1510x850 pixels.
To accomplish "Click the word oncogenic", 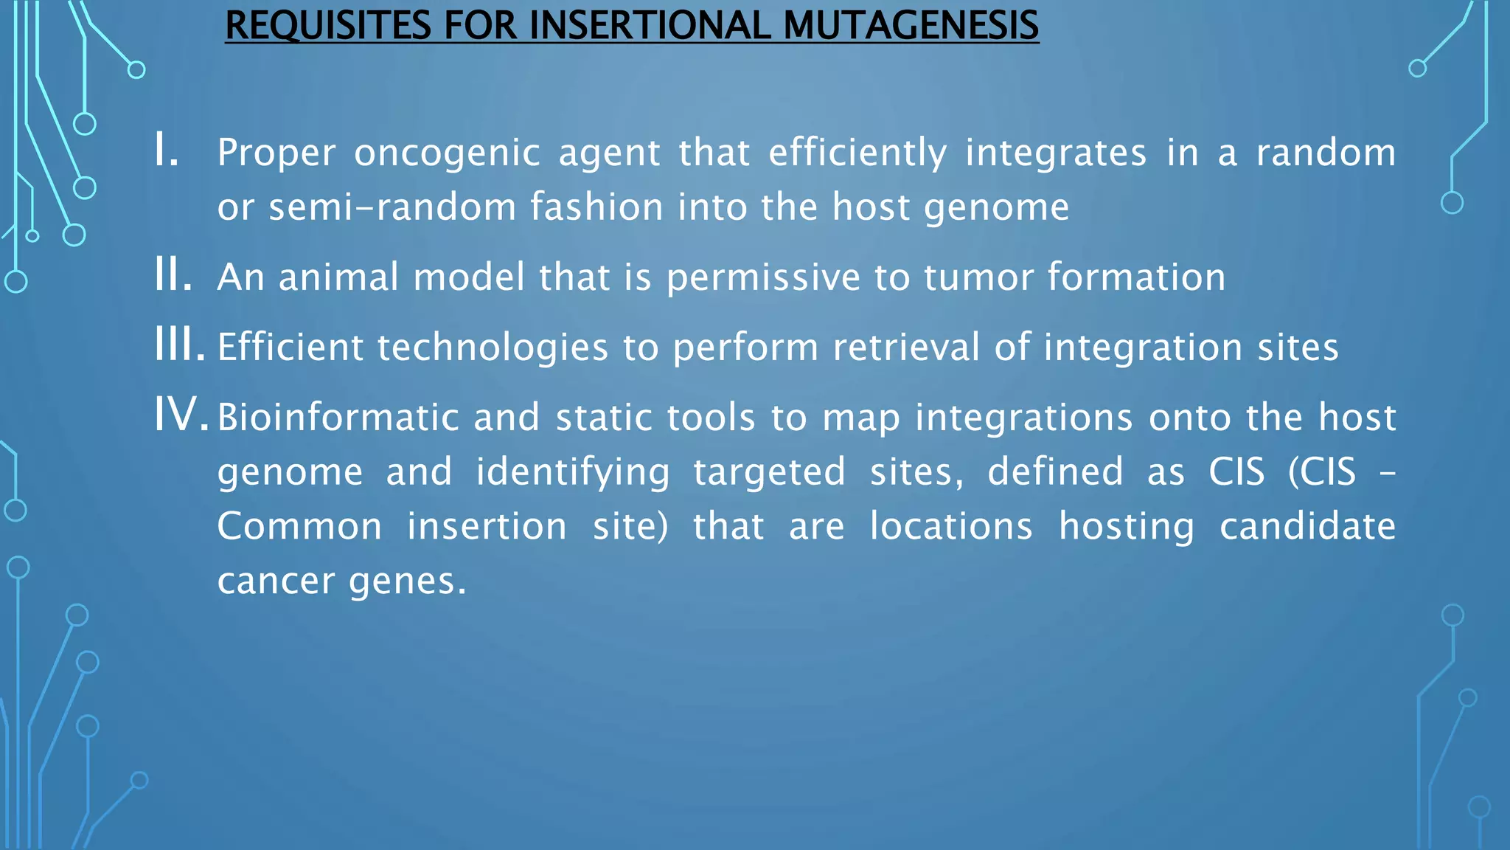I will click(447, 153).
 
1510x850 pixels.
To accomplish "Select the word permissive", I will click(763, 278).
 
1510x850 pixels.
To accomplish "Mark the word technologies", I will click(493, 348).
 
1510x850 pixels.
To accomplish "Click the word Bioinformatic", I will click(338, 417).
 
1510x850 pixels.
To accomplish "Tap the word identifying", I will click(573, 472).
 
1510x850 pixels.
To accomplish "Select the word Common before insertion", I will click(299, 526).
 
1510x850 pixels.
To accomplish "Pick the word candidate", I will click(1307, 526).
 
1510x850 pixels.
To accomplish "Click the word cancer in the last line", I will click(276, 581).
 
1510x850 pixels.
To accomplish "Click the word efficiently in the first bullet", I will click(857, 153).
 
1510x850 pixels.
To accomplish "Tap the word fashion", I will click(596, 207).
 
